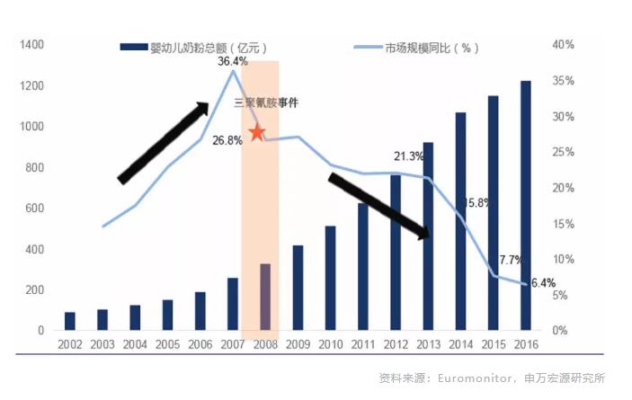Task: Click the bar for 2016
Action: pyautogui.click(x=525, y=206)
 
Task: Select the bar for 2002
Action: pyautogui.click(x=70, y=322)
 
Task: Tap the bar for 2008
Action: pyautogui.click(x=265, y=298)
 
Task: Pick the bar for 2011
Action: pyautogui.click(x=363, y=267)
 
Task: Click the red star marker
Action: pyautogui.click(x=257, y=133)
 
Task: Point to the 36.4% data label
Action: pyautogui.click(x=232, y=61)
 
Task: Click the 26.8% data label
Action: pyautogui.click(x=227, y=140)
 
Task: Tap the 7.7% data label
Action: pyautogui.click(x=511, y=260)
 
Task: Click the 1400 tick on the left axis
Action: pyautogui.click(x=31, y=45)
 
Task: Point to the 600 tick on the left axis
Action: pyautogui.click(x=34, y=209)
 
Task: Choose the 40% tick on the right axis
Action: pyautogui.click(x=564, y=45)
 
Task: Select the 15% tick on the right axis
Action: pyautogui.click(x=564, y=224)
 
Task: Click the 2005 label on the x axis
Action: pyautogui.click(x=167, y=345)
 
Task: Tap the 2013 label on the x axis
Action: pyautogui.click(x=428, y=345)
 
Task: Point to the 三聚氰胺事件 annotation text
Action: pyautogui.click(x=266, y=103)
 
